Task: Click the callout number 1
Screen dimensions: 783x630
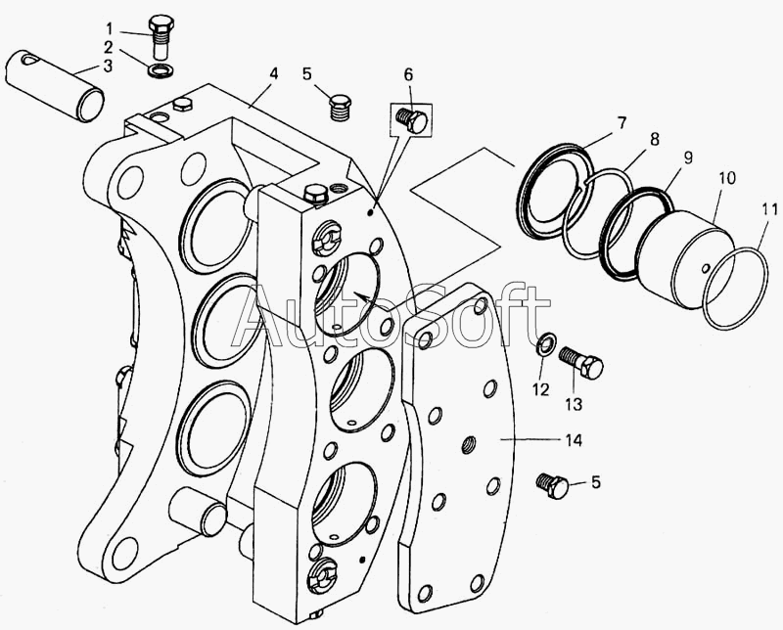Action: pyautogui.click(x=110, y=28)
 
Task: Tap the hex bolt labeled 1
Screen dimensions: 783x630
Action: pyautogui.click(x=161, y=37)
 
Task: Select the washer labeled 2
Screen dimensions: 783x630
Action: pyautogui.click(x=161, y=68)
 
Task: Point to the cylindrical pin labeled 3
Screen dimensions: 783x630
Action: pyautogui.click(x=55, y=85)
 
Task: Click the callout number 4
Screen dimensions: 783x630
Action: pyautogui.click(x=273, y=74)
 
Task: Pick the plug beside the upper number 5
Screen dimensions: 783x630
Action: pyautogui.click(x=340, y=106)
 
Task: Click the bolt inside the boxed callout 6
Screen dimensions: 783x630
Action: pyautogui.click(x=411, y=118)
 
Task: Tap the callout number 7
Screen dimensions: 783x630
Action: pyautogui.click(x=621, y=123)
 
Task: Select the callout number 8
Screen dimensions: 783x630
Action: pyautogui.click(x=654, y=138)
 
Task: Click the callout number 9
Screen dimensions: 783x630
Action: pyautogui.click(x=688, y=157)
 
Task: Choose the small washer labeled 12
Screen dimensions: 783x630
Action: pyautogui.click(x=545, y=344)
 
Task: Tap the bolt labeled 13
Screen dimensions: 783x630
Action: pyautogui.click(x=581, y=363)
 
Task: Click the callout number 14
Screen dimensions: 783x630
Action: pyautogui.click(x=574, y=440)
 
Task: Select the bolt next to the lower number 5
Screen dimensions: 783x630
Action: pyautogui.click(x=552, y=485)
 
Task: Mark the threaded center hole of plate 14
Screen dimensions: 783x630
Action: pyautogui.click(x=469, y=444)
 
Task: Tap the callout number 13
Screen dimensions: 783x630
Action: pyautogui.click(x=575, y=403)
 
